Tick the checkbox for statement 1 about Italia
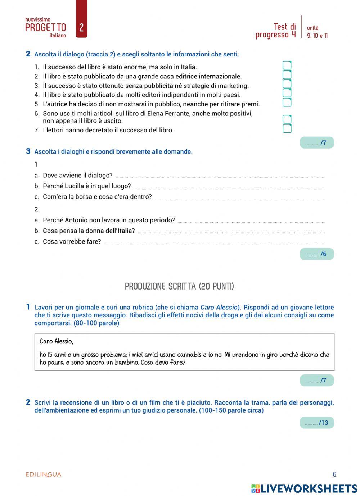pyautogui.click(x=287, y=65)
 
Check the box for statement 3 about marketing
pyautogui.click(x=287, y=84)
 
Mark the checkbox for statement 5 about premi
pyautogui.click(x=287, y=103)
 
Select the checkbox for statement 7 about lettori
pyautogui.click(x=287, y=129)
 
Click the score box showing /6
pyautogui.click(x=317, y=254)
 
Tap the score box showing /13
pyautogui.click(x=317, y=423)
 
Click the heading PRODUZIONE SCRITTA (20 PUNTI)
pyautogui.click(x=179, y=286)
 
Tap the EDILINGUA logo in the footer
pyautogui.click(x=44, y=474)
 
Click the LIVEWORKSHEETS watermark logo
pyautogui.click(x=304, y=488)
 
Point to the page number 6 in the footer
pyautogui.click(x=334, y=474)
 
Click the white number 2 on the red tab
pyautogui.click(x=81, y=28)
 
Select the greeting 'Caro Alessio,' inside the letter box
pyautogui.click(x=56, y=341)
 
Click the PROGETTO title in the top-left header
pyautogui.click(x=46, y=28)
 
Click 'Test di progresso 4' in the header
pyautogui.click(x=276, y=31)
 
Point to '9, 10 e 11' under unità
pyautogui.click(x=317, y=36)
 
